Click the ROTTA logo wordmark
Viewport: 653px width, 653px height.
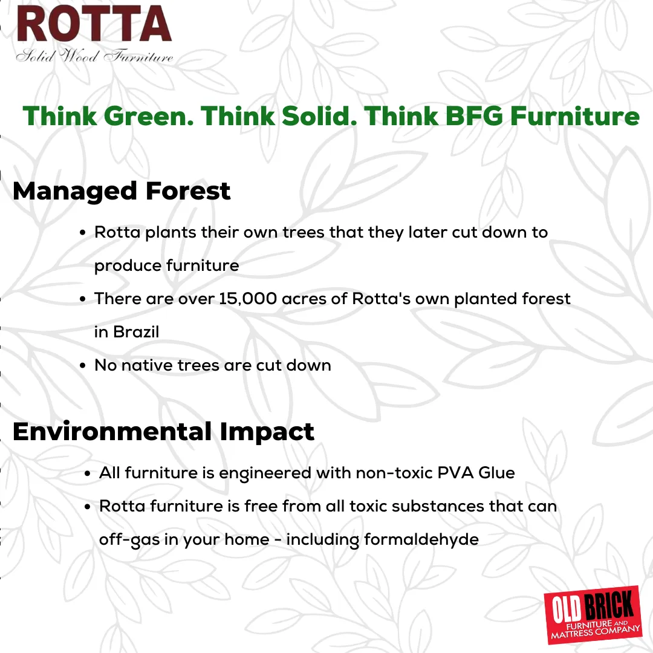(x=94, y=24)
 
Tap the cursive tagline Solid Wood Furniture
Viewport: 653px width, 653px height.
(x=94, y=56)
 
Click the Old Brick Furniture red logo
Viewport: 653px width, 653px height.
(x=593, y=615)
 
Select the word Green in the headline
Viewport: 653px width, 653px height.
(x=149, y=115)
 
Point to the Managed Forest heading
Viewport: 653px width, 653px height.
(x=122, y=191)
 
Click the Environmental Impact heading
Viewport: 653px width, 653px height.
(x=163, y=432)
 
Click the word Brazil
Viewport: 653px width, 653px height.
(x=136, y=332)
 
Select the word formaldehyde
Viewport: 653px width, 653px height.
(x=421, y=540)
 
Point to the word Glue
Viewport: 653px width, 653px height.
(x=496, y=473)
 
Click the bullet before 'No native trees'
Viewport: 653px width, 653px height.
(x=83, y=366)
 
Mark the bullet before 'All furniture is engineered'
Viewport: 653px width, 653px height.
(x=88, y=474)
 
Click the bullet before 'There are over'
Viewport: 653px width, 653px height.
(x=83, y=299)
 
